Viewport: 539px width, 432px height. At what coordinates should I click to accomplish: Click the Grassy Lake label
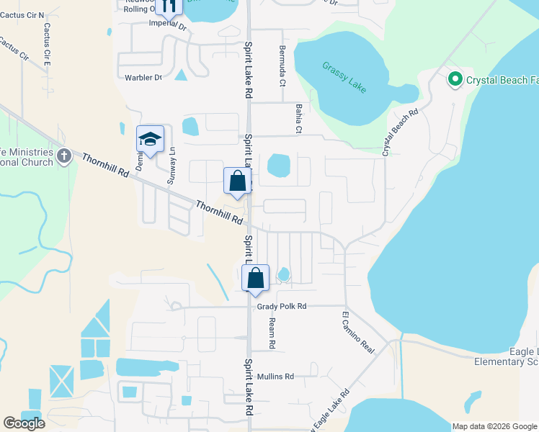click(x=344, y=78)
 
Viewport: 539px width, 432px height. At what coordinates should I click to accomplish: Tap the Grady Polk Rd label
click(x=282, y=307)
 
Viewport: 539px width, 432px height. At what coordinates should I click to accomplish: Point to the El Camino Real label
click(x=358, y=332)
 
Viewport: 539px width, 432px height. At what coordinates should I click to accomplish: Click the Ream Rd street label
click(x=272, y=333)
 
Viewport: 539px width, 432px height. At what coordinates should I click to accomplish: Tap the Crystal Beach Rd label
click(x=401, y=132)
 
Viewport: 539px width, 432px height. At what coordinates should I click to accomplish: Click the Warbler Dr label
click(x=143, y=78)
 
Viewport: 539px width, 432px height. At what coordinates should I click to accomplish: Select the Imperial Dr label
click(x=167, y=25)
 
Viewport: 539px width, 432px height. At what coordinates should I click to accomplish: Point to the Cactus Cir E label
click(x=48, y=45)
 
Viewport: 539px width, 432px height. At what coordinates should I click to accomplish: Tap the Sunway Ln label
click(x=171, y=166)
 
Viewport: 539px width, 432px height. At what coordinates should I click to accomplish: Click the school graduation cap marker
click(x=151, y=140)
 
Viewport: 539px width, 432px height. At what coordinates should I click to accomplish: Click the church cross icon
click(x=64, y=156)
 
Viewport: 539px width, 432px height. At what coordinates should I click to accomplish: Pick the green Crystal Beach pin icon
click(x=455, y=79)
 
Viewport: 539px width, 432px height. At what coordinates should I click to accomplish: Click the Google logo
click(x=24, y=423)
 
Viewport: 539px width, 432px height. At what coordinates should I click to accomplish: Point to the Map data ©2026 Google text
click(x=494, y=426)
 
